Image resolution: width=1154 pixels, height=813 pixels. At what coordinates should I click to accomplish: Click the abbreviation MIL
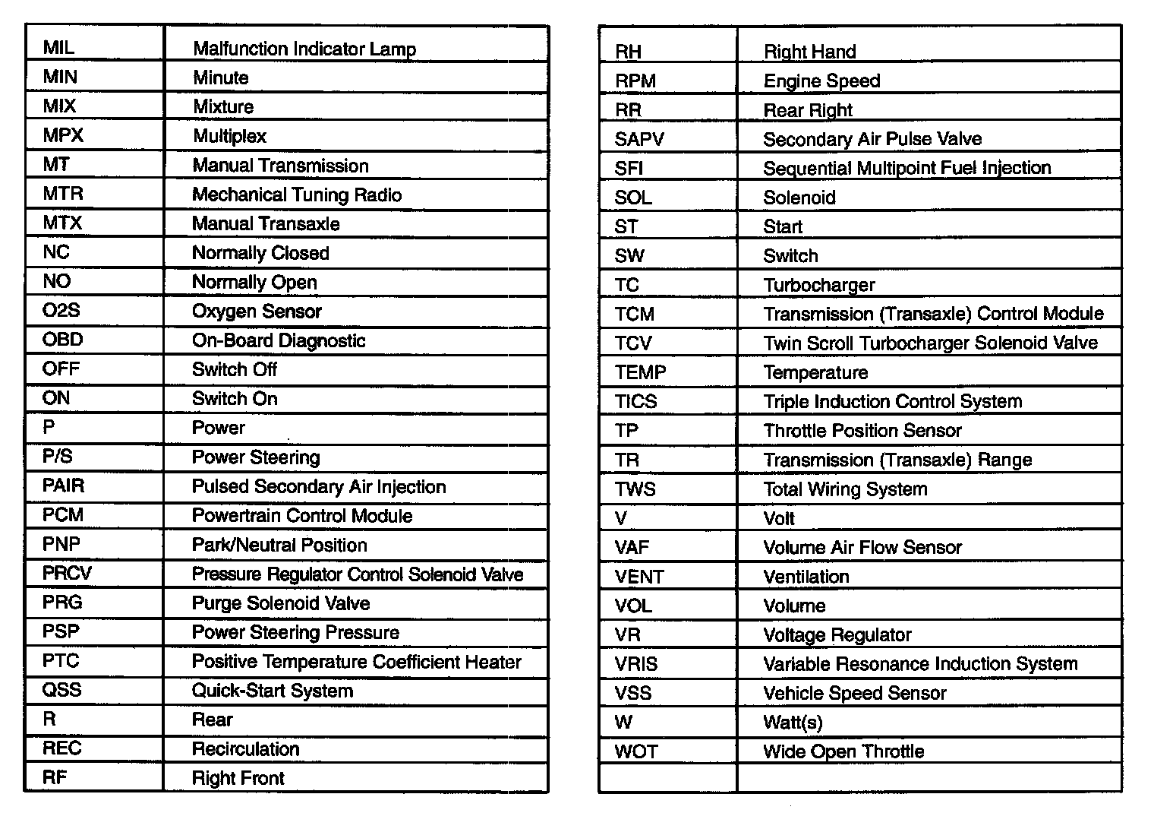[x=58, y=48]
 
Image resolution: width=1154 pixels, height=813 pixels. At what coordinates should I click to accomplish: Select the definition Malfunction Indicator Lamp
[x=304, y=49]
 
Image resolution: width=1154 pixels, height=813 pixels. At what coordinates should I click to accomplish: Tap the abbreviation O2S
[x=61, y=311]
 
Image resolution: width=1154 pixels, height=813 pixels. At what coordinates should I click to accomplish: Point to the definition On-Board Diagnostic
[x=279, y=340]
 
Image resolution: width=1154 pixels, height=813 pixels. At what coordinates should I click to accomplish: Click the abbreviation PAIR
[x=63, y=486]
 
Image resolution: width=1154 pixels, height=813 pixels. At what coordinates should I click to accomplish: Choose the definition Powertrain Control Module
[x=302, y=515]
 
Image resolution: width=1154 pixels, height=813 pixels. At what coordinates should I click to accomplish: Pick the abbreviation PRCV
[x=67, y=574]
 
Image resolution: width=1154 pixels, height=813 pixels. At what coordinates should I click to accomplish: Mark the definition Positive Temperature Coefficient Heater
[x=356, y=662]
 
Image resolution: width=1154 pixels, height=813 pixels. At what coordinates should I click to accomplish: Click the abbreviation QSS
[x=61, y=690]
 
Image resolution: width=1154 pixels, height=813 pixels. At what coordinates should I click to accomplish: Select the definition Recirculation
[x=245, y=749]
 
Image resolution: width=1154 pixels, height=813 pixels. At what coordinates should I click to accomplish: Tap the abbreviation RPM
[x=635, y=81]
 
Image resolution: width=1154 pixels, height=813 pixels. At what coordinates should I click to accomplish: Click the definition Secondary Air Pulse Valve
[x=872, y=139]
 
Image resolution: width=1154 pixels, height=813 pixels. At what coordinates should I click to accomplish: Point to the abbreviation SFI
[x=629, y=169]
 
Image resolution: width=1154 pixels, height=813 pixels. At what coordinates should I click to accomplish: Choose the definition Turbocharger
[x=819, y=285]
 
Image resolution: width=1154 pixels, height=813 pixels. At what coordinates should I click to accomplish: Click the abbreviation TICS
[x=635, y=401]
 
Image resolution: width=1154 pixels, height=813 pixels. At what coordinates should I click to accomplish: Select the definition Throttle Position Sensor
[x=862, y=431]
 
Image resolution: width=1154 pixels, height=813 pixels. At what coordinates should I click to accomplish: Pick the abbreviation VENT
[x=639, y=577]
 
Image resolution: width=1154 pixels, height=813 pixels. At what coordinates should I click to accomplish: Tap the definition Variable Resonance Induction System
[x=920, y=664]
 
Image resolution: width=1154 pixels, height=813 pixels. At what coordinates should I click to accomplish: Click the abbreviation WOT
[x=636, y=751]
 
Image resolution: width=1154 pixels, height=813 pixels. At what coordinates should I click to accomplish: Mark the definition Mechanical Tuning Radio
[x=297, y=195]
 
